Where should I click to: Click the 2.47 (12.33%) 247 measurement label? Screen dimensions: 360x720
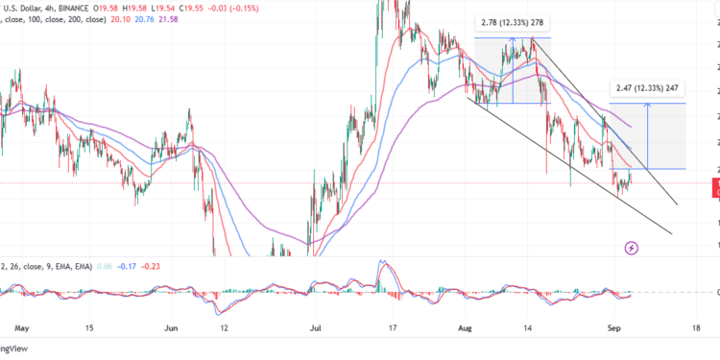pyautogui.click(x=648, y=89)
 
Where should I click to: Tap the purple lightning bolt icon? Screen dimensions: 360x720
pyautogui.click(x=632, y=249)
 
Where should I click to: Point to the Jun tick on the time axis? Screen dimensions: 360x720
pyautogui.click(x=172, y=327)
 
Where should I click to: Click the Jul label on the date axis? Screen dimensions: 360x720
pyautogui.click(x=318, y=327)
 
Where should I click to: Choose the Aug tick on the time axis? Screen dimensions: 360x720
pyautogui.click(x=468, y=327)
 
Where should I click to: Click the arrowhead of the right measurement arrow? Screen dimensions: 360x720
pyautogui.click(x=649, y=106)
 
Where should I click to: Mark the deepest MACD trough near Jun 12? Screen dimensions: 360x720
pyautogui.click(x=217, y=309)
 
